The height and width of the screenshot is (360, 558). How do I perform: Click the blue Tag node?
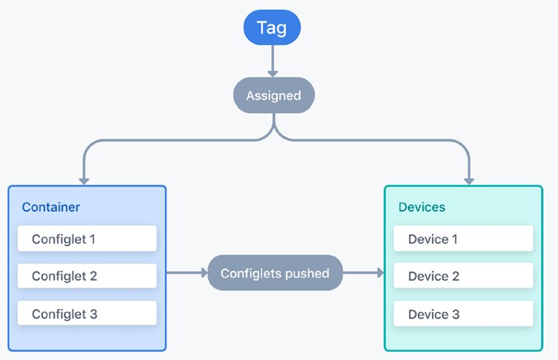pos(272,27)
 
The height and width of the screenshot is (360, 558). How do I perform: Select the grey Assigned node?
pos(274,95)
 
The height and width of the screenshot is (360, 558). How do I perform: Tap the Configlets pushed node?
pos(275,273)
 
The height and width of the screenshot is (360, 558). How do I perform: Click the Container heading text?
pos(51,207)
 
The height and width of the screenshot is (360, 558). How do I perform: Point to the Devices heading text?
pos(421,207)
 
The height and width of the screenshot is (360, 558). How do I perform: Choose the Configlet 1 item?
pos(87,239)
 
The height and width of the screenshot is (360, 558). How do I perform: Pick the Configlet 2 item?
pos(87,276)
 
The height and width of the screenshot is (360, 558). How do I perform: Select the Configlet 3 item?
pos(87,314)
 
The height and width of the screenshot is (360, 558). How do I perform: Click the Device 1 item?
pos(464,239)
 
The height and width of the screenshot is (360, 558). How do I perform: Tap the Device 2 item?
pos(464,276)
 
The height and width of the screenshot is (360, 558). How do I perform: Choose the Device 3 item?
pos(464,314)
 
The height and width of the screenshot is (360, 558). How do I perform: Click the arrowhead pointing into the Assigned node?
pos(272,74)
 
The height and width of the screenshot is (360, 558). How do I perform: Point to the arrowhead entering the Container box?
pos(84,181)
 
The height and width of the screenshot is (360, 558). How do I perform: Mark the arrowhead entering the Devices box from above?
pos(469,181)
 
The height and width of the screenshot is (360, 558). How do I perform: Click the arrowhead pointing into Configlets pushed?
pos(204,273)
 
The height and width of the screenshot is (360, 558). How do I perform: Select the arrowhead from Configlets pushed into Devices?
pos(381,273)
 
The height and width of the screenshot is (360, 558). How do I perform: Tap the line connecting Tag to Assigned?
pos(272,58)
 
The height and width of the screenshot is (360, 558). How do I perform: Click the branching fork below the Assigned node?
pos(274,128)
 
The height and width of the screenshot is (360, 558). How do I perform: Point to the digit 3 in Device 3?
pos(455,314)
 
